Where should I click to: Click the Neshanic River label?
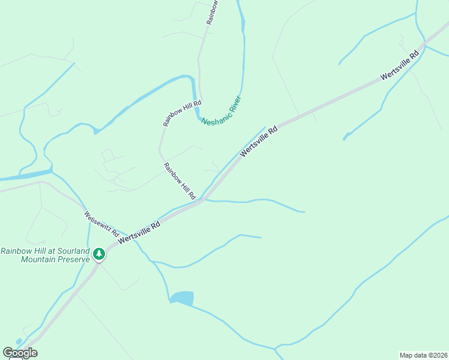[221, 112]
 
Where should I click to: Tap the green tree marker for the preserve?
[100, 254]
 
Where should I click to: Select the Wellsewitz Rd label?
[101, 223]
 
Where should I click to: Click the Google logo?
[20, 353]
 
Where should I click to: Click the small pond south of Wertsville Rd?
[182, 298]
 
